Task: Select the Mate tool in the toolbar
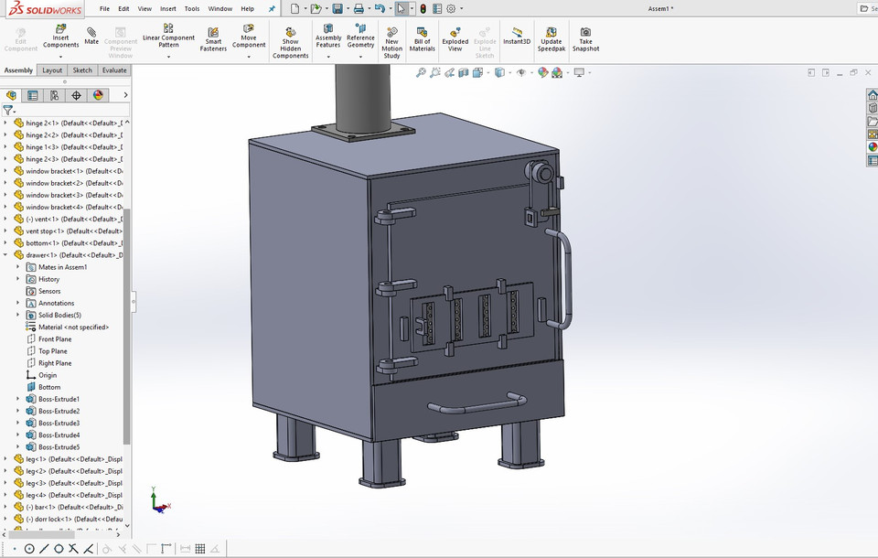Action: tap(91, 36)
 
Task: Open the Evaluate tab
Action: tap(114, 70)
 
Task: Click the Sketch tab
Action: tap(82, 70)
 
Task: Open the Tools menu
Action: tap(191, 9)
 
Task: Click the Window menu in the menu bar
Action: tap(219, 9)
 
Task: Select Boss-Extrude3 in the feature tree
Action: tap(59, 424)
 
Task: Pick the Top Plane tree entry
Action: tap(52, 351)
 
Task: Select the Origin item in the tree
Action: tap(48, 375)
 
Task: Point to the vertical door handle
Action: tap(568, 279)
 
